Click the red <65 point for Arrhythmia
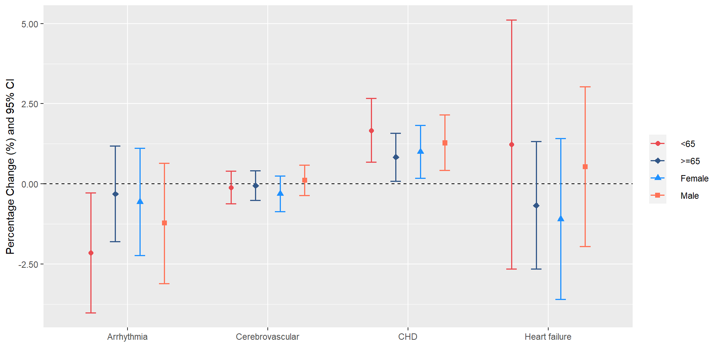pos(91,253)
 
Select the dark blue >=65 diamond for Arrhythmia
pos(115,194)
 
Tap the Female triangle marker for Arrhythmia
pos(140,201)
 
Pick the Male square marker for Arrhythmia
pos(164,223)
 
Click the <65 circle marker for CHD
pos(371,131)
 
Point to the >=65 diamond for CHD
pos(396,157)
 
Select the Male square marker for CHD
pos(445,143)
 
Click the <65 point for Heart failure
pos(511,144)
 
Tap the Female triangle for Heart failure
pos(561,219)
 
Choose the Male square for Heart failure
pos(585,167)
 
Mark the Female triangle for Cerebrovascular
pos(280,193)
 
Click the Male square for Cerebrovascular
pos(304,180)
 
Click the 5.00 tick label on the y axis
pos(30,24)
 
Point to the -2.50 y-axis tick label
pos(28,264)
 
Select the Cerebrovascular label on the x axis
pos(267,337)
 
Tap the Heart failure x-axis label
pos(548,337)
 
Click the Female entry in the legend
pos(694,178)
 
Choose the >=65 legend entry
pos(690,161)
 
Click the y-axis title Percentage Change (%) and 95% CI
pos(10,166)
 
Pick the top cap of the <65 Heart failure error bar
pos(511,20)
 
